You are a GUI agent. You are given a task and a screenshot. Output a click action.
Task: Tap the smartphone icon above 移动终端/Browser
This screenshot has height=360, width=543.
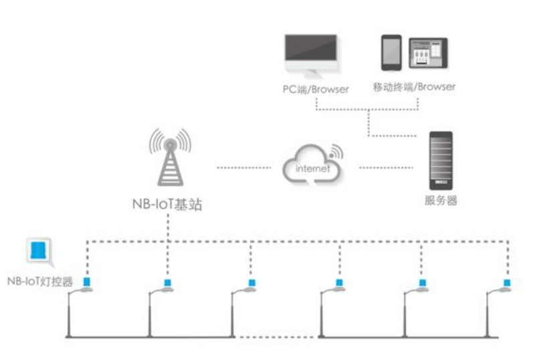391,53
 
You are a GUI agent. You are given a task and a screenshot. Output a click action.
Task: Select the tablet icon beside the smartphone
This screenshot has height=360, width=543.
428,53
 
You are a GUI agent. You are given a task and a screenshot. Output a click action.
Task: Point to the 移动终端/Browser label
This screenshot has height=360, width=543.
415,86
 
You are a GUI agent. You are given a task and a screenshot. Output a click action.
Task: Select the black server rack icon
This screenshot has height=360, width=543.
441,159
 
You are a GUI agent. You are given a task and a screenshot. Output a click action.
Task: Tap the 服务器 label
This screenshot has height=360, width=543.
441,200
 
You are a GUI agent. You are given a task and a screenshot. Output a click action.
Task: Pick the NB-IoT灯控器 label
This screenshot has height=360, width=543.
39,281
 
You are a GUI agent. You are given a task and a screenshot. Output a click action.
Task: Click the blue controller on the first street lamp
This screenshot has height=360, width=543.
86,283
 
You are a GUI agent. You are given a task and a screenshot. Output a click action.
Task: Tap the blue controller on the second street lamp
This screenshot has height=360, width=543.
169,283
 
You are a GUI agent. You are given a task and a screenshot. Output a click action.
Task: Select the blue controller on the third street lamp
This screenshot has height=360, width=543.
251,283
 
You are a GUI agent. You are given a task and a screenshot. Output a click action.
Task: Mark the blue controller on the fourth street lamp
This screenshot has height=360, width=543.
340,283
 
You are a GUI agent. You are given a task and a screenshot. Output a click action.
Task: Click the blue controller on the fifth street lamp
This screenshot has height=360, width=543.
423,283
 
